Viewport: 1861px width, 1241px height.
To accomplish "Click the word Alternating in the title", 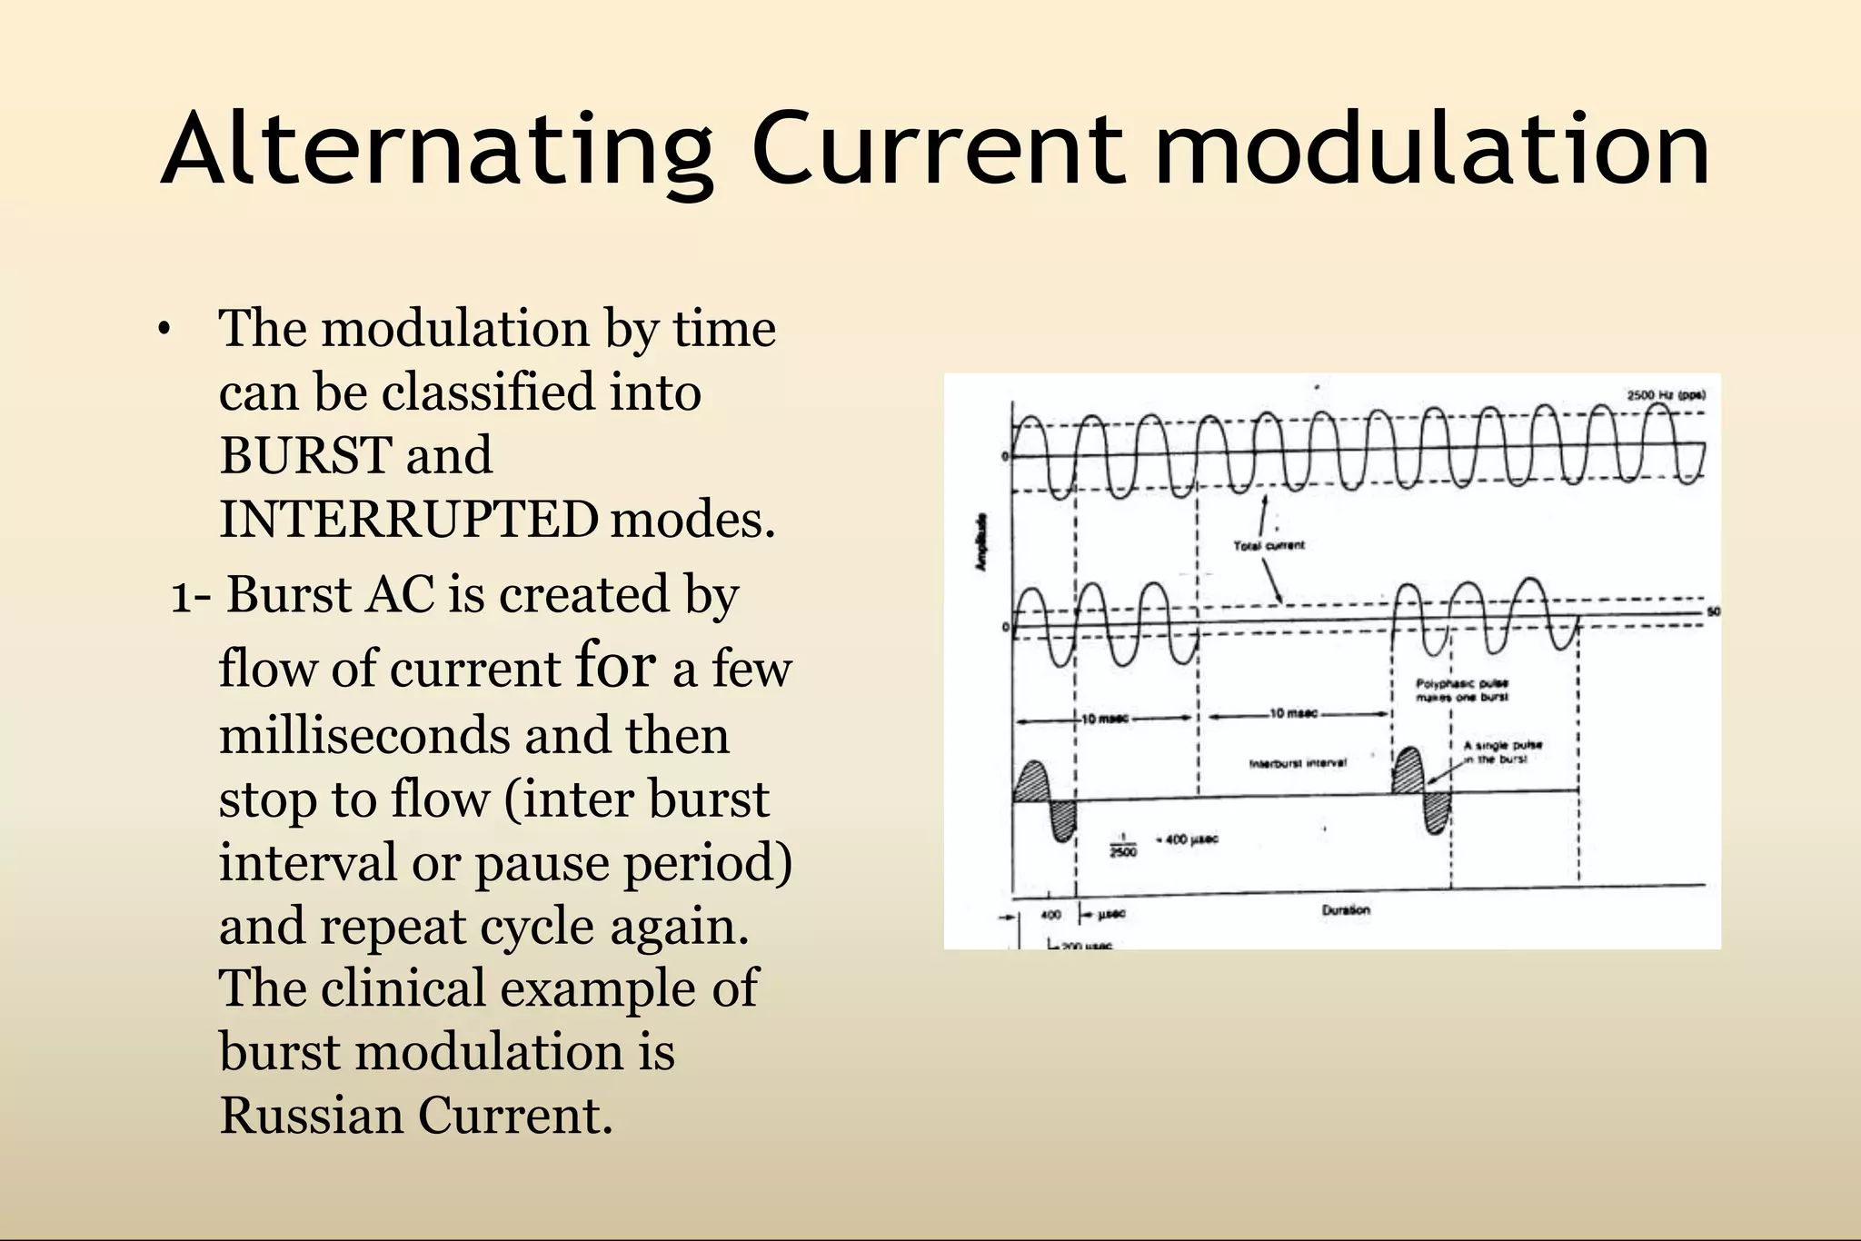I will click(x=436, y=150).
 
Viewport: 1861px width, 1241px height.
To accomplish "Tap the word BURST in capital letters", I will click(x=306, y=455).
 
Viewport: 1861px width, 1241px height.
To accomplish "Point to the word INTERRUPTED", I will click(x=409, y=520).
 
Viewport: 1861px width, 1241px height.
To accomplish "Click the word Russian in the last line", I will click(x=311, y=1116).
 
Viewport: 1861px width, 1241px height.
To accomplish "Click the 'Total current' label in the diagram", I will click(x=1269, y=545).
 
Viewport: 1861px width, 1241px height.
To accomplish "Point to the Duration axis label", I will click(x=1346, y=909).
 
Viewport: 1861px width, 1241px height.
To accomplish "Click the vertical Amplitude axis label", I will click(x=980, y=542).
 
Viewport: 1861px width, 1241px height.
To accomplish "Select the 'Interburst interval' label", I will click(x=1297, y=763).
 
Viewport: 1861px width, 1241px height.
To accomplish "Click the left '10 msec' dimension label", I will click(x=1105, y=719).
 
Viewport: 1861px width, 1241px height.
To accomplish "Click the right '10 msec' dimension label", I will click(x=1293, y=713).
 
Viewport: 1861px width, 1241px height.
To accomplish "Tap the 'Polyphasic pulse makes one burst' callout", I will click(x=1462, y=690).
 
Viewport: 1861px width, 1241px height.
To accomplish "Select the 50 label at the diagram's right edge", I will click(x=1713, y=612).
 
